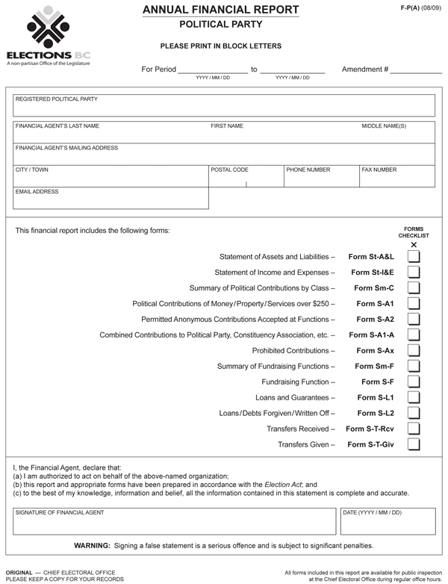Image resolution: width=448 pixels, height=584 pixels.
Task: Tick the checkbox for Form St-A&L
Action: click(x=414, y=256)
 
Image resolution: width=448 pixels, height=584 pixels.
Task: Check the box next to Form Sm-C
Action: click(x=414, y=288)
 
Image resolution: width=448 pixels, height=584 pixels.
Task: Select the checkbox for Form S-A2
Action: click(x=414, y=319)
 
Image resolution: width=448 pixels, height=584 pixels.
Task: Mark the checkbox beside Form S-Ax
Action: click(x=414, y=350)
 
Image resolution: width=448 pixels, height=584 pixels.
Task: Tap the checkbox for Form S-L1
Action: click(x=414, y=397)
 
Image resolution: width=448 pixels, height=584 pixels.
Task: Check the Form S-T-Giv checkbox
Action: click(x=414, y=444)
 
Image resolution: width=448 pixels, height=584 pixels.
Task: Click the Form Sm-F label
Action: click(x=374, y=366)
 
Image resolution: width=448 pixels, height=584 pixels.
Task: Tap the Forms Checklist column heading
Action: click(x=414, y=232)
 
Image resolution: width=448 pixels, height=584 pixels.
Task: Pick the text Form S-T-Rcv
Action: click(x=370, y=429)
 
